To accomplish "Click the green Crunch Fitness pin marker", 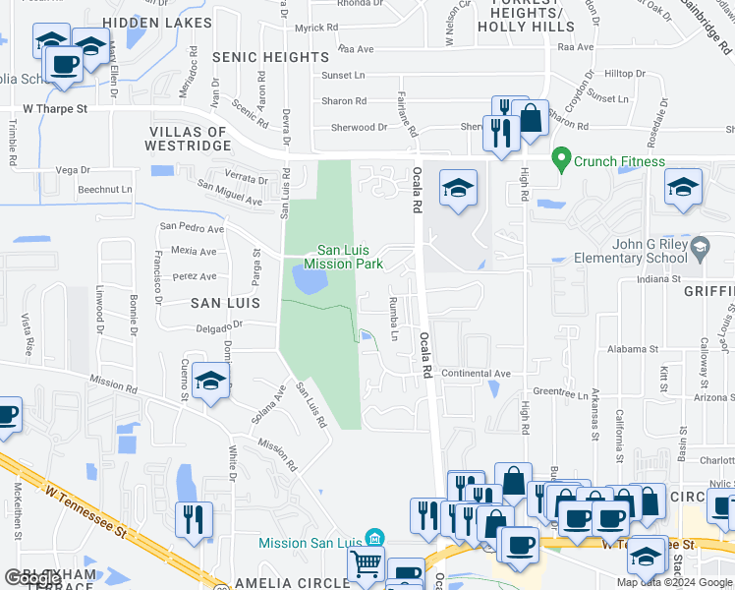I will click(561, 158).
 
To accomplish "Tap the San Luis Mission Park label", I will click(343, 257).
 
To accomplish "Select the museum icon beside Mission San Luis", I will click(373, 537).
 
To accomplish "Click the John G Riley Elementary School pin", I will click(699, 246).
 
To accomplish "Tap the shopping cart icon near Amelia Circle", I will click(366, 564).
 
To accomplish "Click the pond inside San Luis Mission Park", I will click(308, 282).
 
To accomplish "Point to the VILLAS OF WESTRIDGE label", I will click(189, 139).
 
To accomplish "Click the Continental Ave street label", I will click(476, 374).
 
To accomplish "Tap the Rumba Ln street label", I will click(396, 318).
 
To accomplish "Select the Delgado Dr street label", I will click(218, 327).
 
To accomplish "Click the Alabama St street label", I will click(632, 349).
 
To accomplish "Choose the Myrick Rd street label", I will click(316, 29).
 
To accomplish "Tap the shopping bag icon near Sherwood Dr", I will click(531, 117).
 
